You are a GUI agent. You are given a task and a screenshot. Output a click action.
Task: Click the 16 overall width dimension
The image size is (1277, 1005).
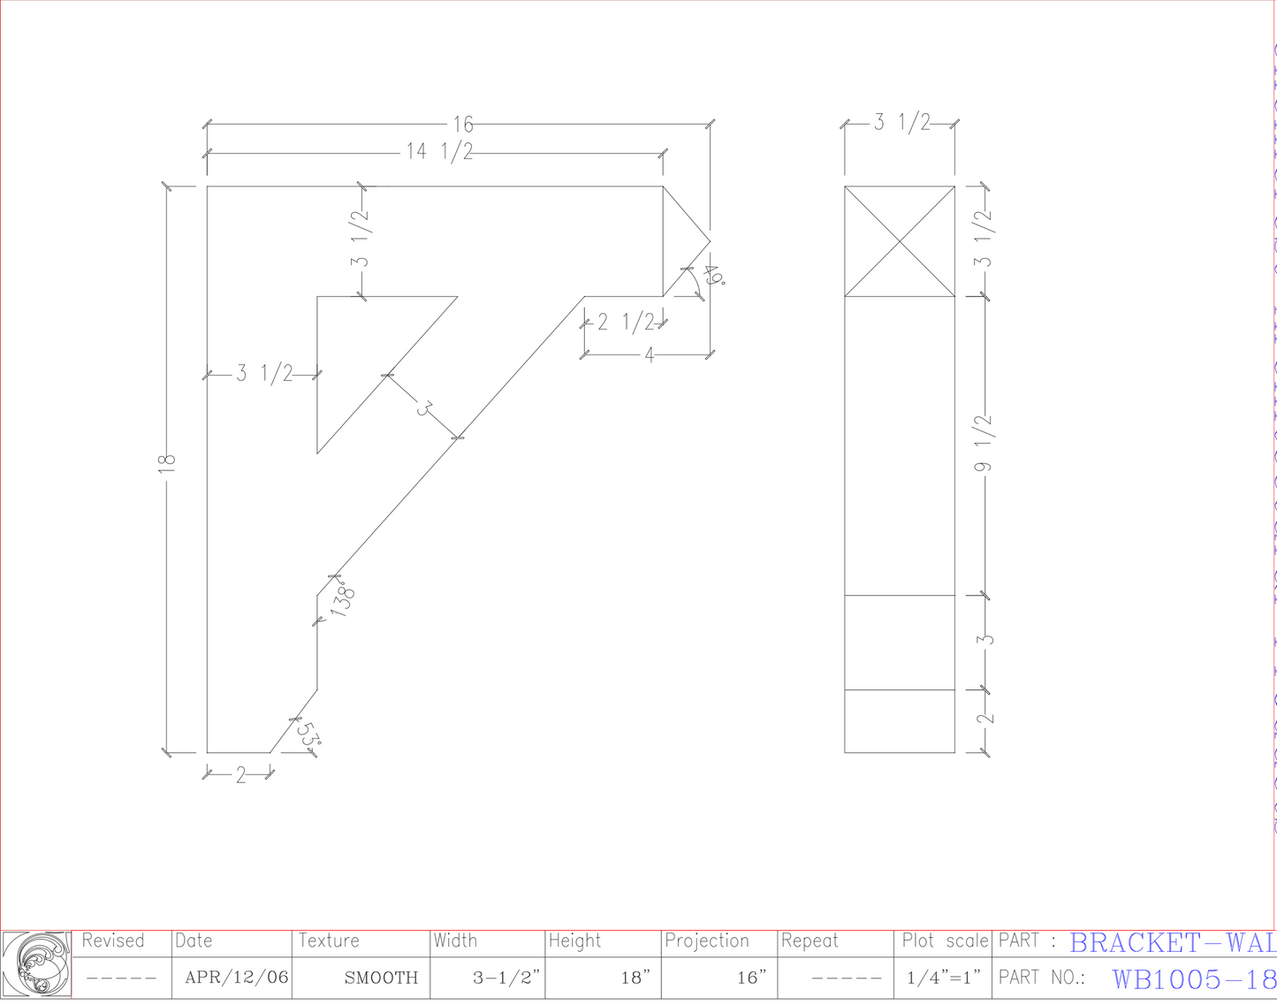click(463, 125)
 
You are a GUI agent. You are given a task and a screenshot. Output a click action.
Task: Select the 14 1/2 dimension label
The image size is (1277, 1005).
click(439, 152)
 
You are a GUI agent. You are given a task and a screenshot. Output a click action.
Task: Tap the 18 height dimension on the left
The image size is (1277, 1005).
click(167, 463)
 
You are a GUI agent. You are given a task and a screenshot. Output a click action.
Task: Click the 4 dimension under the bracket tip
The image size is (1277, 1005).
click(650, 355)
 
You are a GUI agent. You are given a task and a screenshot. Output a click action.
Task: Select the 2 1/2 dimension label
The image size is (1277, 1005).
click(626, 322)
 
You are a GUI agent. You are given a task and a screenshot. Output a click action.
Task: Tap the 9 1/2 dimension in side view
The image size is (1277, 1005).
click(984, 442)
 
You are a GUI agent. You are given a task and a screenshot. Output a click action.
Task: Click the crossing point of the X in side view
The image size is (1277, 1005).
click(900, 241)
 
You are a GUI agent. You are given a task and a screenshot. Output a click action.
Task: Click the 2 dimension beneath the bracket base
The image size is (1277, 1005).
click(239, 776)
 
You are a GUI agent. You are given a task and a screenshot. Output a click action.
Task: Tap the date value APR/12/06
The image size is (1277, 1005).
click(236, 978)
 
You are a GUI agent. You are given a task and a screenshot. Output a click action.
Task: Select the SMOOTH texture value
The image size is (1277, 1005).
click(381, 978)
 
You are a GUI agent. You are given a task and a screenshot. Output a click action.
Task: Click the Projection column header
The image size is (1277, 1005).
click(706, 941)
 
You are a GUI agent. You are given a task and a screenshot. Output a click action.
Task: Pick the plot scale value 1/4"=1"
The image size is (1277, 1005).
click(943, 978)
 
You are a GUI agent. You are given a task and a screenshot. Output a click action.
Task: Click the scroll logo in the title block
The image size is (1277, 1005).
click(36, 965)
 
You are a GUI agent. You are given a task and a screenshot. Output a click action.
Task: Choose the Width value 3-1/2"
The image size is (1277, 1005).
click(506, 978)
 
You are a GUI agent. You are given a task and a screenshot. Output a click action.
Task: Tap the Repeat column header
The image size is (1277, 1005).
click(809, 941)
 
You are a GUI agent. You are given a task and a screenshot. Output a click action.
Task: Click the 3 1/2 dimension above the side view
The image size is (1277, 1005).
click(902, 123)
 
